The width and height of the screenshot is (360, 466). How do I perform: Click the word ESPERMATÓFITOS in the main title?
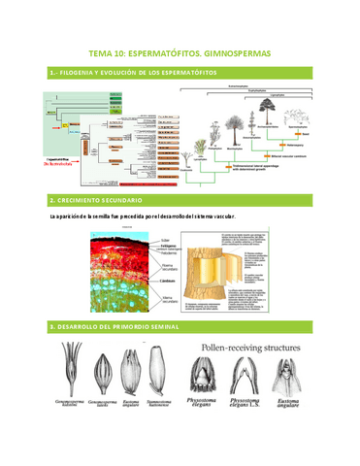click(x=173, y=55)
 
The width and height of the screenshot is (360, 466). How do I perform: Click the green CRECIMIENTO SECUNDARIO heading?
click(x=97, y=199)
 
